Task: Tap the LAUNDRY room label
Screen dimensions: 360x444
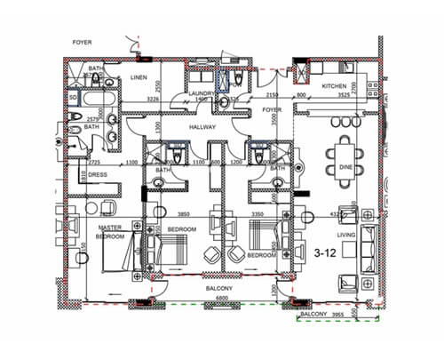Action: coord(202,92)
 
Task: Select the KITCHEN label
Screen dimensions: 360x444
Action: coord(334,86)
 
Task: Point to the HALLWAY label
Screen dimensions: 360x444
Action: coord(203,127)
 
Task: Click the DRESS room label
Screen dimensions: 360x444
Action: coord(98,175)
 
